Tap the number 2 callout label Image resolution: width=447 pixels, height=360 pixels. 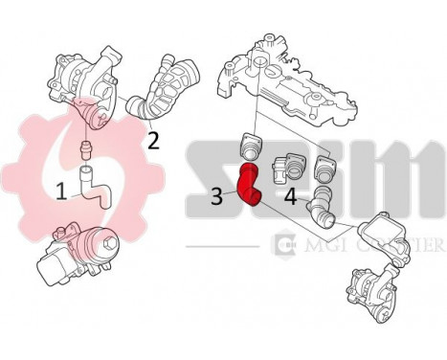coord(152,141)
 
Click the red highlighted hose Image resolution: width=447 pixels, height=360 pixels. coord(250,186)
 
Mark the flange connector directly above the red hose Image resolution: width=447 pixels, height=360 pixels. coord(252,147)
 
